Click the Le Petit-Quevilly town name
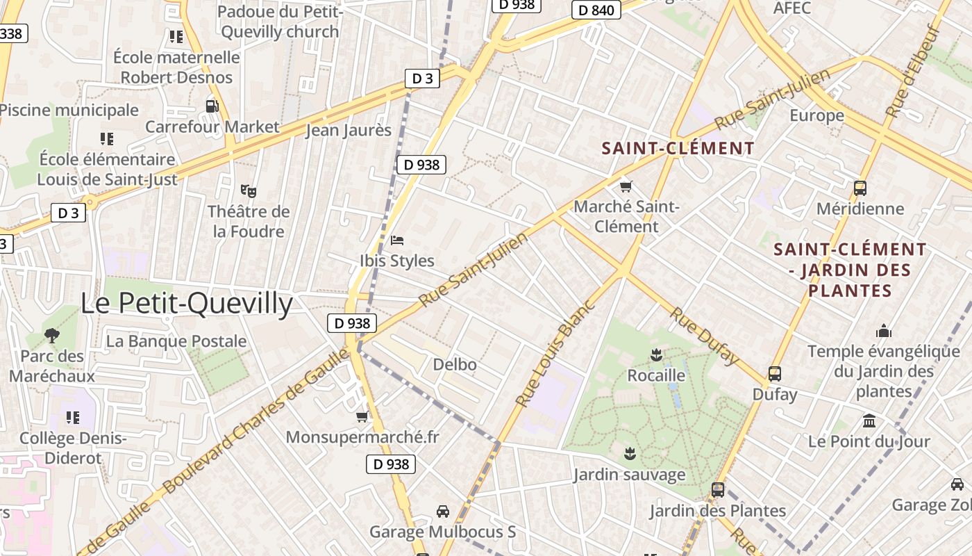tap(186, 304)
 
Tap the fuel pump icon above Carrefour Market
tap(212, 106)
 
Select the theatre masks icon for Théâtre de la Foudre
tap(248, 190)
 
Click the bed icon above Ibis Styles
tap(397, 240)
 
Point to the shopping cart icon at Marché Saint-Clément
tap(626, 186)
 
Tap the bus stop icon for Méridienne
tap(860, 188)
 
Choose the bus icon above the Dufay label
tap(775, 374)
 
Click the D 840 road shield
tap(596, 10)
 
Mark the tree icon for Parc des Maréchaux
tap(51, 336)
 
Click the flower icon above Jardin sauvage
tap(629, 455)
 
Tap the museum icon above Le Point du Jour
tap(869, 420)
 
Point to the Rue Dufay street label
tap(704, 335)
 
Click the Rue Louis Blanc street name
tap(556, 353)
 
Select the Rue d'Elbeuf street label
tap(912, 70)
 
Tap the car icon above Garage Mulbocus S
tap(442, 512)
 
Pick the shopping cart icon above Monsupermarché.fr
tap(362, 417)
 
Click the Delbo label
tap(455, 364)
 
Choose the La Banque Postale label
tap(176, 341)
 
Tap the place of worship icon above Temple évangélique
tap(883, 331)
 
